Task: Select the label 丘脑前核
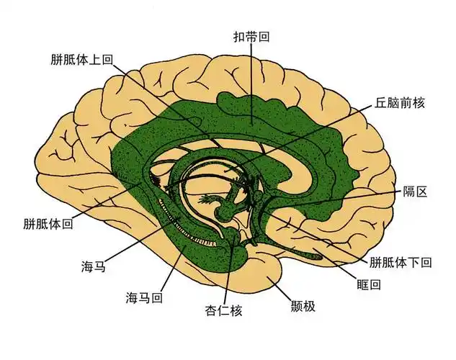(x=400, y=102)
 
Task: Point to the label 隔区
(x=416, y=192)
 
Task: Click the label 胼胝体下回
(x=401, y=262)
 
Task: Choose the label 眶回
(x=369, y=284)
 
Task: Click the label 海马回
(x=143, y=297)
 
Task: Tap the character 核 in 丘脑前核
(x=418, y=102)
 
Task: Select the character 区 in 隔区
(x=423, y=192)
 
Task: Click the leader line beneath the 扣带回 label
(x=251, y=79)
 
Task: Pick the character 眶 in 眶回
(x=362, y=284)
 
